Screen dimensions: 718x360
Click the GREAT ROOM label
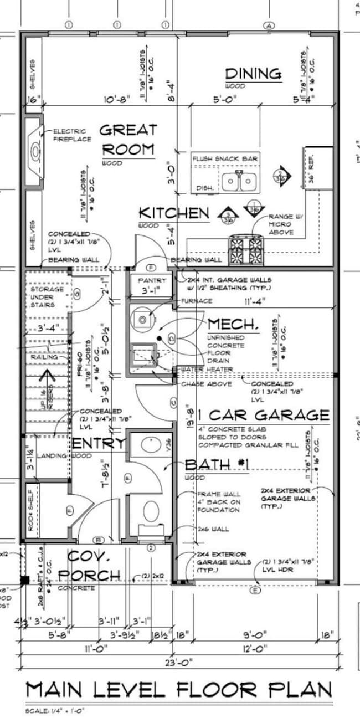[x=128, y=140]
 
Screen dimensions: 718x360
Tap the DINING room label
[x=253, y=74]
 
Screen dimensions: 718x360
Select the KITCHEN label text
[x=173, y=213]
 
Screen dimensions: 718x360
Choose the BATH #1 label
[x=217, y=464]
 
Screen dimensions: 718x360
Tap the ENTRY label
[x=98, y=443]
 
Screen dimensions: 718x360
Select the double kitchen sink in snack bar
[x=240, y=181]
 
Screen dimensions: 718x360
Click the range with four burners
[x=246, y=244]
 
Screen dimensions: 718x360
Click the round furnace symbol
[x=143, y=319]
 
